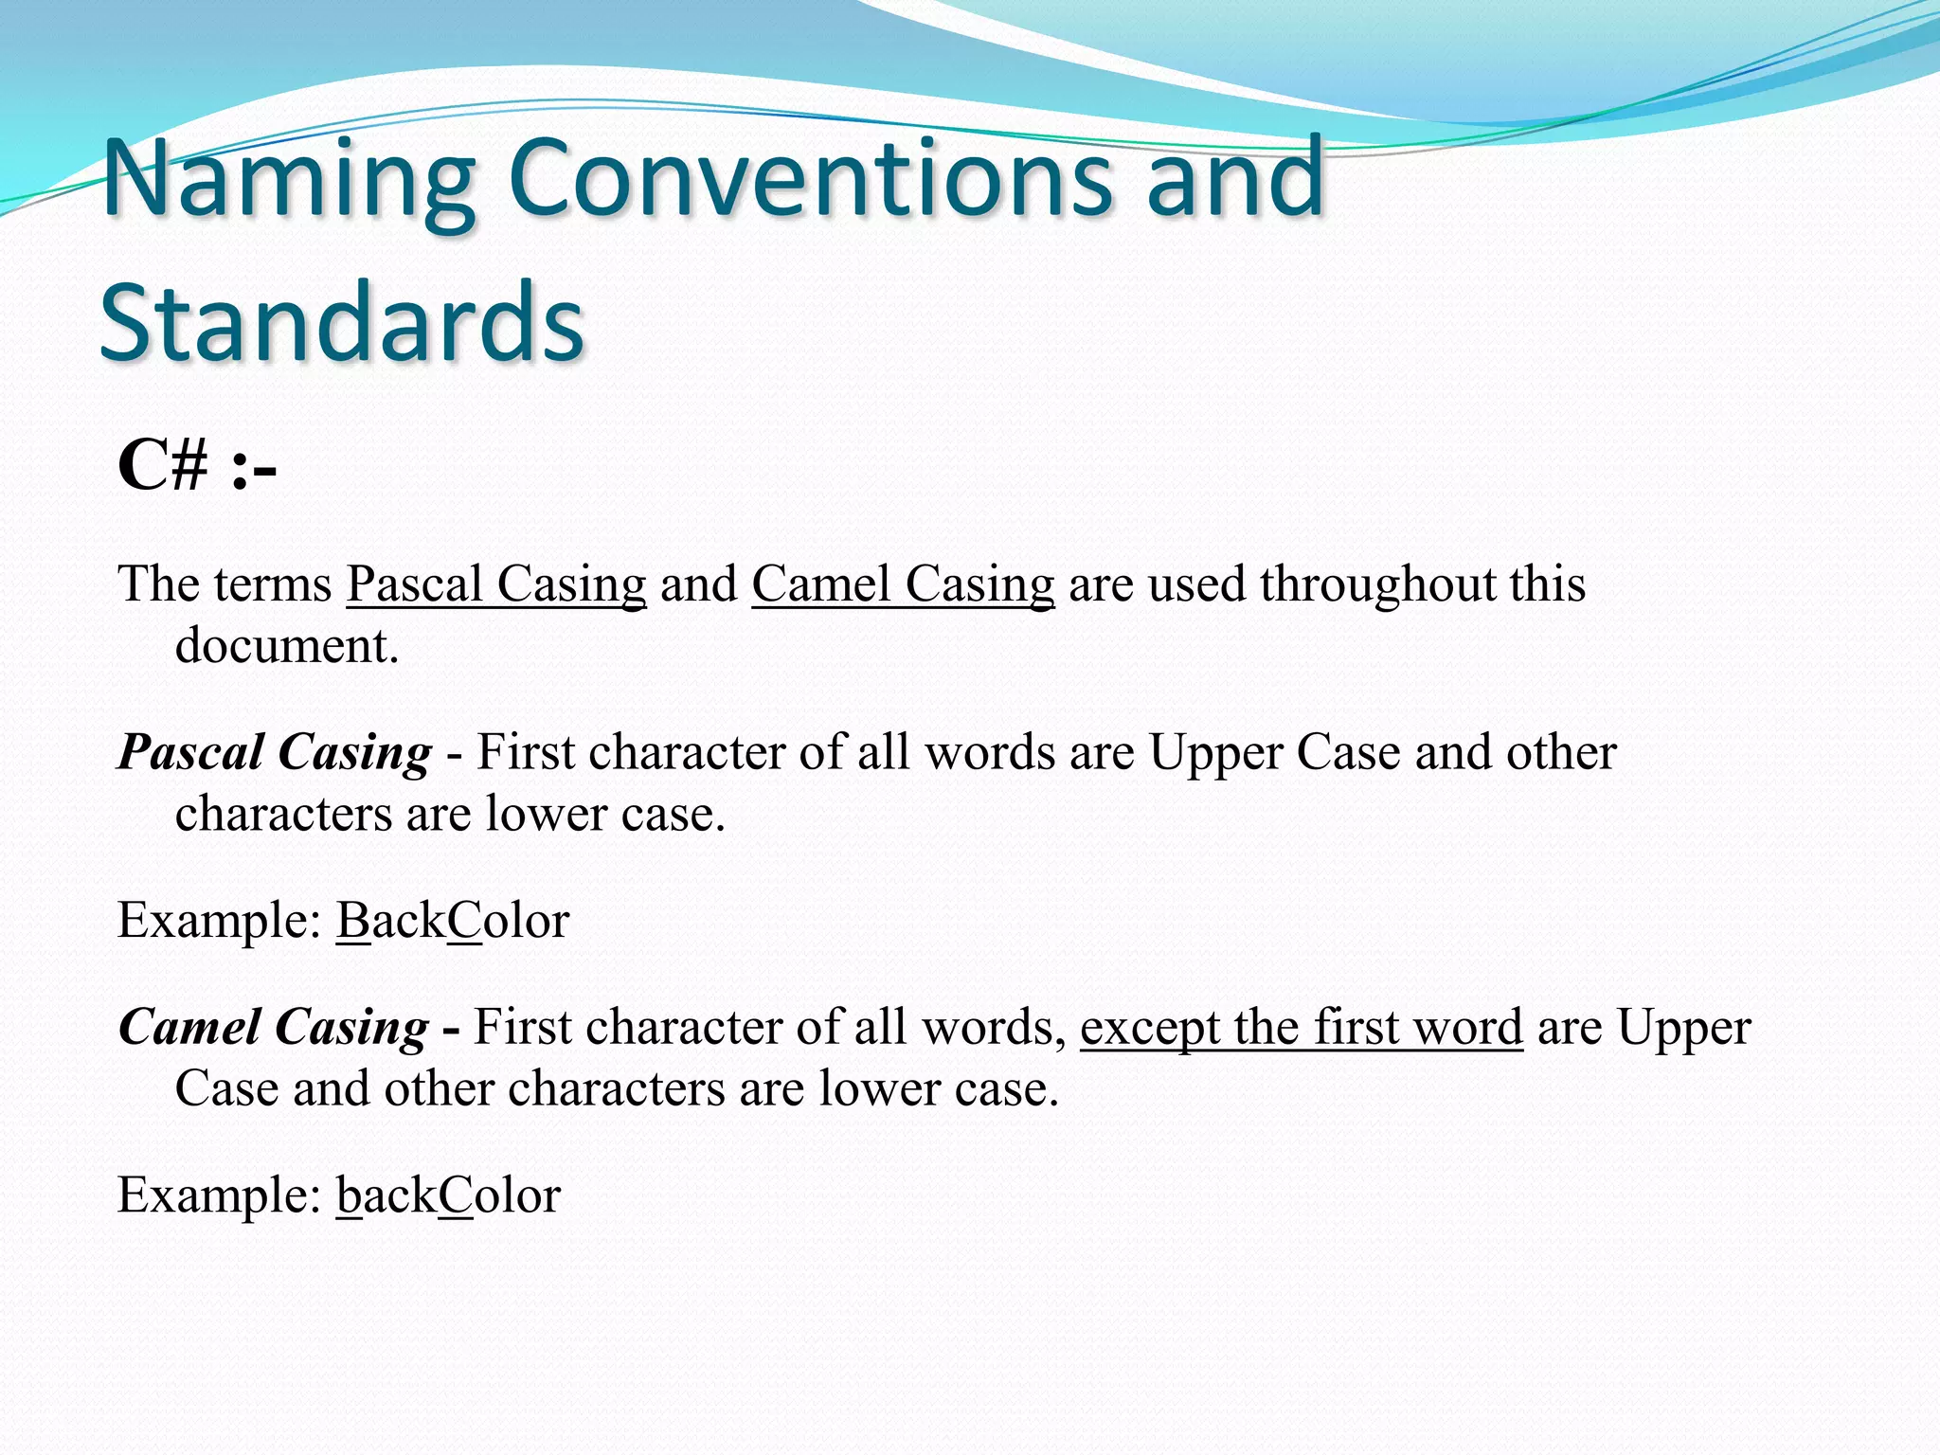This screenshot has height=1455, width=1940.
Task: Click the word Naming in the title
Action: [289, 180]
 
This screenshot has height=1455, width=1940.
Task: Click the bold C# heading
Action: [163, 467]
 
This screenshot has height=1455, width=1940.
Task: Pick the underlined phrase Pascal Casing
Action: [495, 584]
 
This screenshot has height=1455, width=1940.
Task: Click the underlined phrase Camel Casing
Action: [903, 584]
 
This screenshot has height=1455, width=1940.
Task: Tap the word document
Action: [287, 646]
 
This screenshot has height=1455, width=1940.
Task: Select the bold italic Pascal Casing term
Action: [275, 753]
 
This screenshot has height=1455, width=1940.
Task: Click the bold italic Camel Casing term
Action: [274, 1028]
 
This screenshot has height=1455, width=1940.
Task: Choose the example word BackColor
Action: [453, 921]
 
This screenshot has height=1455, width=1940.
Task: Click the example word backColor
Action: [449, 1195]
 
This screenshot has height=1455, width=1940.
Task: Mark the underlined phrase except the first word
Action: [1301, 1028]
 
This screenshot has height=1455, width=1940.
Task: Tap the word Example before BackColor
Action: [219, 921]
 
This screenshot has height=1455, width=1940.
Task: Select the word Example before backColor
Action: [219, 1195]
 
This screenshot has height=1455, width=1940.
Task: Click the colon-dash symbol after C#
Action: [253, 469]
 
